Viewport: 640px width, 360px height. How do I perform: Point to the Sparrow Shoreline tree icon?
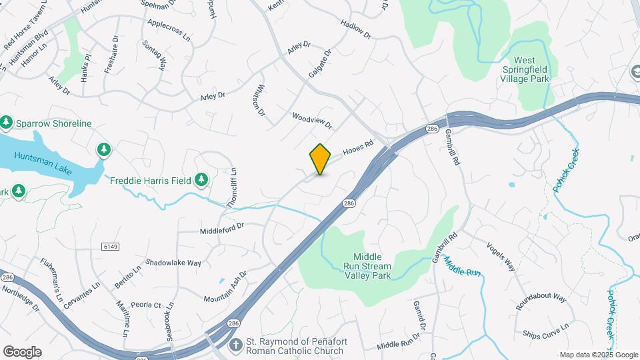point(7,123)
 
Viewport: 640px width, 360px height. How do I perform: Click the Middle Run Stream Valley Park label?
point(372,265)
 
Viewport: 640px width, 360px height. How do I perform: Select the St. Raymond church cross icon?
point(235,345)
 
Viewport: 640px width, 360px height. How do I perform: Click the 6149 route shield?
point(111,246)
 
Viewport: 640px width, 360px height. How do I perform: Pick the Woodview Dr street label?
point(311,121)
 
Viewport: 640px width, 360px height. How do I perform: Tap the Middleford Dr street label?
point(222,230)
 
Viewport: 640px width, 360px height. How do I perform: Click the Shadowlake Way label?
point(173,263)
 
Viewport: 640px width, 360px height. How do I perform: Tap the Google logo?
point(22,352)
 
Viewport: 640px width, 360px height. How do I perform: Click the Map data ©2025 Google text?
point(598,355)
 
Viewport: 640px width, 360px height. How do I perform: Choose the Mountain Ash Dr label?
point(225,287)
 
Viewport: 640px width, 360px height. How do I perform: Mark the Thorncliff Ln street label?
point(231,189)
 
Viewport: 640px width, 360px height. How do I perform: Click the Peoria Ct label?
point(147,305)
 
